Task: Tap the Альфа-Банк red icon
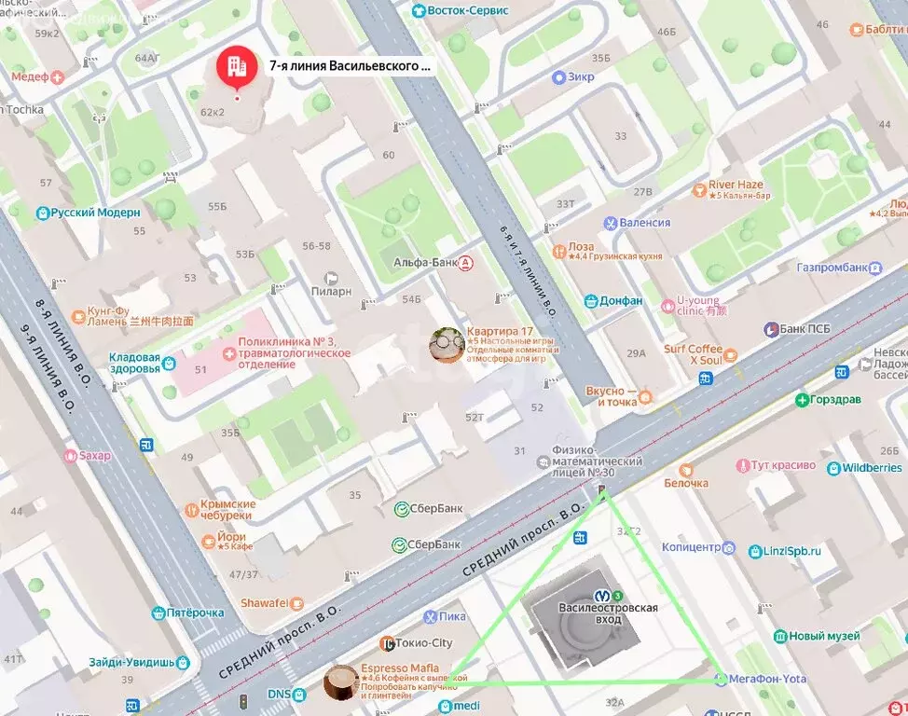pos(465,263)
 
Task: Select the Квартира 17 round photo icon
pos(447,344)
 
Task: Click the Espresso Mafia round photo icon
pos(340,682)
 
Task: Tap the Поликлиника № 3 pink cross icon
pos(227,352)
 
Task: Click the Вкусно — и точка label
pos(612,396)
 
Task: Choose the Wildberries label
pos(872,467)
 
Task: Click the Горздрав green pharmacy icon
pos(802,400)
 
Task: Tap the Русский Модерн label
pos(95,213)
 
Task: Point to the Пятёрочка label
pos(197,613)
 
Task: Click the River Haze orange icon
pos(699,190)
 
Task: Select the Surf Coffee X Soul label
pos(692,355)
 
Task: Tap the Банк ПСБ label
pos(805,329)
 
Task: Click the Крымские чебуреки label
pos(227,510)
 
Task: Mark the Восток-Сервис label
pos(473,9)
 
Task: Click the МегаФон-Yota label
pos(768,679)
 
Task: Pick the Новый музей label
pos(824,636)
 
